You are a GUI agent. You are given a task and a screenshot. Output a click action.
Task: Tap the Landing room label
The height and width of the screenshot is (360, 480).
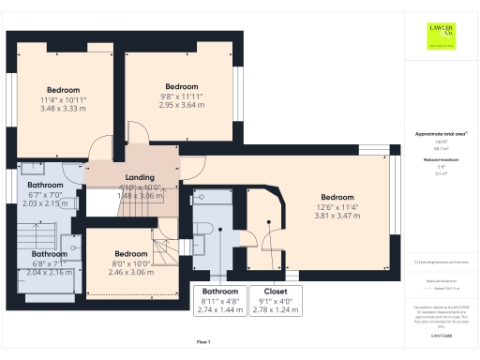tap(140, 176)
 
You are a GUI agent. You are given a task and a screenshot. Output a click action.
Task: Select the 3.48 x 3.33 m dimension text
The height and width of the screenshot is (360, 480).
tap(64, 109)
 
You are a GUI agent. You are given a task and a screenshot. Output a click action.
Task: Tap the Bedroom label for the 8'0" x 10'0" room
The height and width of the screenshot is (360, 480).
tap(130, 254)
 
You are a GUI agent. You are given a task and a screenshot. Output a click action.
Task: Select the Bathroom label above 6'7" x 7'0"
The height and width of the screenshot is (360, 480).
tap(45, 186)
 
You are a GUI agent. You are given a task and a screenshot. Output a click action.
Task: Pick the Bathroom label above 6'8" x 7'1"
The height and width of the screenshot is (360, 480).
tap(50, 254)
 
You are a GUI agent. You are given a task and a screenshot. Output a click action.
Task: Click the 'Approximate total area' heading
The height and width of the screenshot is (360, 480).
tap(440, 134)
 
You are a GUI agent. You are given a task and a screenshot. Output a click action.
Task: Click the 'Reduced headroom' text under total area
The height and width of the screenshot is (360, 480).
tap(440, 160)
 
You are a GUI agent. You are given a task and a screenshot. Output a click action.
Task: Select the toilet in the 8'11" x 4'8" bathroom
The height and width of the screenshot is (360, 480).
tap(203, 229)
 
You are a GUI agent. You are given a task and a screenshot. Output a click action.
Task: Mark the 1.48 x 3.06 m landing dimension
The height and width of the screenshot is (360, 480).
tap(140, 196)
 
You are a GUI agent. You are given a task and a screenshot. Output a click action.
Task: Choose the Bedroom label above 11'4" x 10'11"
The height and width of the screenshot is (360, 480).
tap(64, 89)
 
